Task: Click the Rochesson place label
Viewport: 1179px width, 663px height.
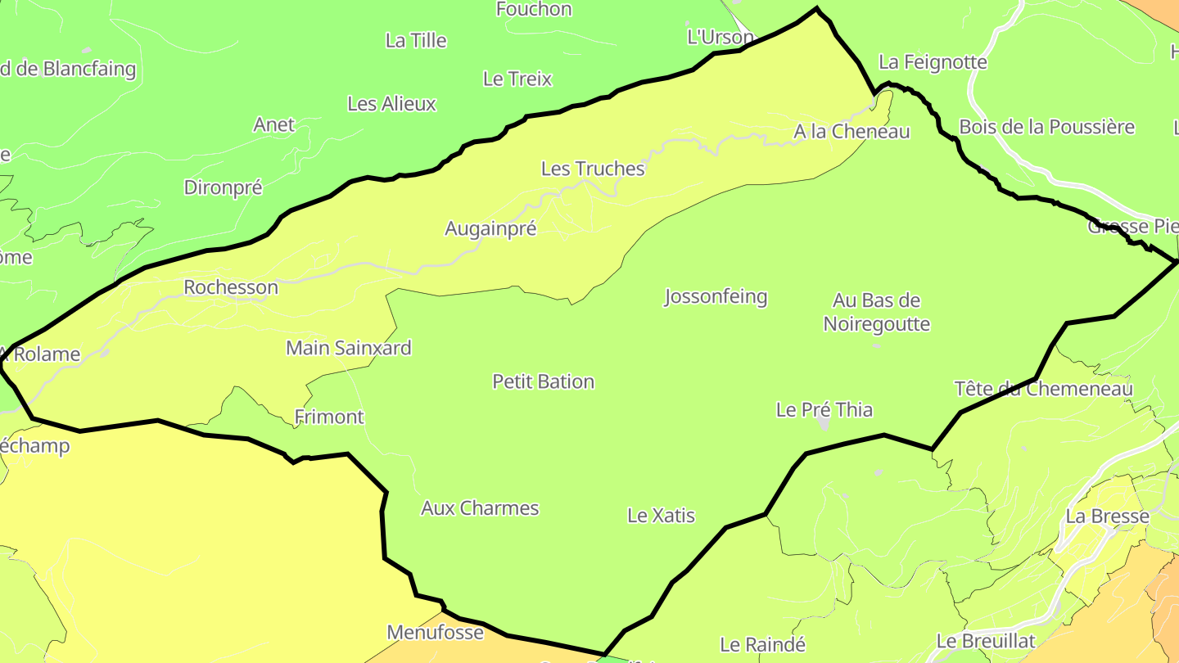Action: [231, 287]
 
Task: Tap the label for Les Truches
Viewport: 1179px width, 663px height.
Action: [593, 169]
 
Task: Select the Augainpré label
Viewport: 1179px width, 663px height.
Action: [490, 229]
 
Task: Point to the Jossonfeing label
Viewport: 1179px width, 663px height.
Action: [716, 296]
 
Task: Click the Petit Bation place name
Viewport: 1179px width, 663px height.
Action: [543, 381]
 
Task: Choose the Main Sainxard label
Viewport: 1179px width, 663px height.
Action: [349, 348]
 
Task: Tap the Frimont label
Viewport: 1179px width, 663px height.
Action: [329, 417]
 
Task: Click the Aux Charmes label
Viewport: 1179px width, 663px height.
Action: [480, 508]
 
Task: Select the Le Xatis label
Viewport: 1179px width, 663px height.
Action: [661, 516]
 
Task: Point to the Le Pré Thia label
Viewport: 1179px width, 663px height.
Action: [824, 409]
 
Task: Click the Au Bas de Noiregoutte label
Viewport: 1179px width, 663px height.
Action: [877, 312]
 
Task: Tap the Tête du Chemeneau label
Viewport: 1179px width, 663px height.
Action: [1044, 389]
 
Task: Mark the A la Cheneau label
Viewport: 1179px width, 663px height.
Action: [851, 131]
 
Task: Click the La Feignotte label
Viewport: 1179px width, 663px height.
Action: [933, 62]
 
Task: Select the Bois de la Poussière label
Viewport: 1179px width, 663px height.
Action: [1046, 127]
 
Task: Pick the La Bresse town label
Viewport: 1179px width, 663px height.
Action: [1107, 516]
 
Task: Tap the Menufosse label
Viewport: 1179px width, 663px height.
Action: [436, 633]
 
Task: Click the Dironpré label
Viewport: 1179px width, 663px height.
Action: [223, 187]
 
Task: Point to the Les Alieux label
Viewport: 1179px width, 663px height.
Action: [391, 104]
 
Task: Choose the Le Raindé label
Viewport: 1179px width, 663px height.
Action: [763, 645]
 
